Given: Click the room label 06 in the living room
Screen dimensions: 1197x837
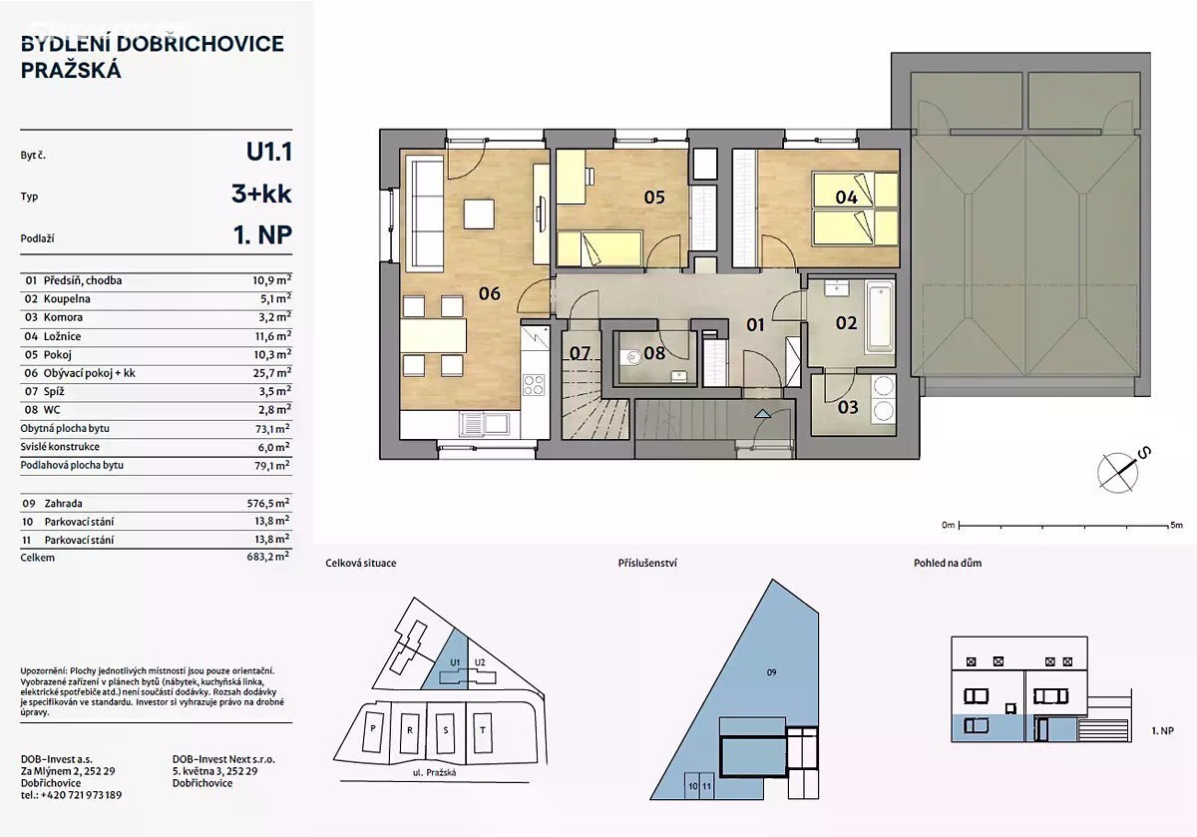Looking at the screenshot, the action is pos(490,293).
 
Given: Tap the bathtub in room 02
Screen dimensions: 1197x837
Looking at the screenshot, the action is pos(879,317).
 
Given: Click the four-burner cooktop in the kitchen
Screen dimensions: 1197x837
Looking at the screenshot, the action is pos(534,385).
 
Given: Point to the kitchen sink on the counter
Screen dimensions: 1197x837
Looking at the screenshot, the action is pos(484,424).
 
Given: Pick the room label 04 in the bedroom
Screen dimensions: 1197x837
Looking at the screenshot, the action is pos(847,198).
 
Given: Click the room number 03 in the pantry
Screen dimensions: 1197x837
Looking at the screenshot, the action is pos(848,407).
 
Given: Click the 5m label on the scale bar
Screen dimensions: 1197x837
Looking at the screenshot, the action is pos(1176,525).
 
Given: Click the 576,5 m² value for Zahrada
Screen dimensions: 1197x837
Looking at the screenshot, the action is pos(268,503).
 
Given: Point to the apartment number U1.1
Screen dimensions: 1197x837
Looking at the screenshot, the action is pos(268,152).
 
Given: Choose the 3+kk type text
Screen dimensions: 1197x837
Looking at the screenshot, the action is pos(261,194).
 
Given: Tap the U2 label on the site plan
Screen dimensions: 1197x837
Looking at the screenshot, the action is pos(480,662).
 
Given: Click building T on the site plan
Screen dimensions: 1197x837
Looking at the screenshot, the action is pos(483,730).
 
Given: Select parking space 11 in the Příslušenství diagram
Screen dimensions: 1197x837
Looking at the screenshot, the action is pos(707,786).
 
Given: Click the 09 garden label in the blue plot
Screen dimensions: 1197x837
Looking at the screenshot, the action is pos(772,672).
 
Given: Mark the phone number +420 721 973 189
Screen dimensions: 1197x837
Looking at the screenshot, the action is pos(81,795).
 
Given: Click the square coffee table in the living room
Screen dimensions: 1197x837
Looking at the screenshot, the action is pos(478,213).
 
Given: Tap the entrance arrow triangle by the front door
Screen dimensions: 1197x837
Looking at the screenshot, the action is pos(762,413).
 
